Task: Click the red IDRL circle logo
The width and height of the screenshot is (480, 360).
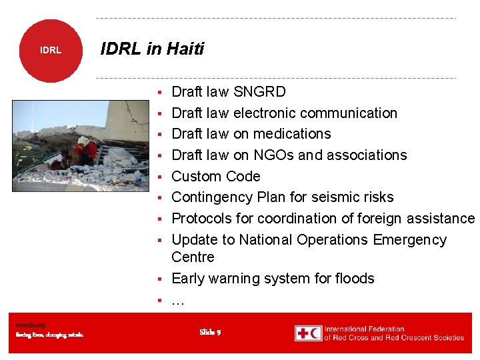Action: (x=50, y=50)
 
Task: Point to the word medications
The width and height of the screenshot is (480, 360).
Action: (x=292, y=134)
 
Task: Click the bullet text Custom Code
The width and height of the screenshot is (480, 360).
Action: (x=215, y=177)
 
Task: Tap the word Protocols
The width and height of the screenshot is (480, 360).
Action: (x=202, y=219)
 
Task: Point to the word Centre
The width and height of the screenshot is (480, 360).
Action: (x=193, y=257)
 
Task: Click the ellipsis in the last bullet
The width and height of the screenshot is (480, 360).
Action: (x=177, y=301)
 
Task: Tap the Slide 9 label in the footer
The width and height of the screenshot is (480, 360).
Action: (x=210, y=332)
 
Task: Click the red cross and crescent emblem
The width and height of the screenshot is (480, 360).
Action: (x=308, y=333)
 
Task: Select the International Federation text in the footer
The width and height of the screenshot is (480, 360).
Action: (x=365, y=329)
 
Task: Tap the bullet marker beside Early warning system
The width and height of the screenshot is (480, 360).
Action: (x=161, y=279)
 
